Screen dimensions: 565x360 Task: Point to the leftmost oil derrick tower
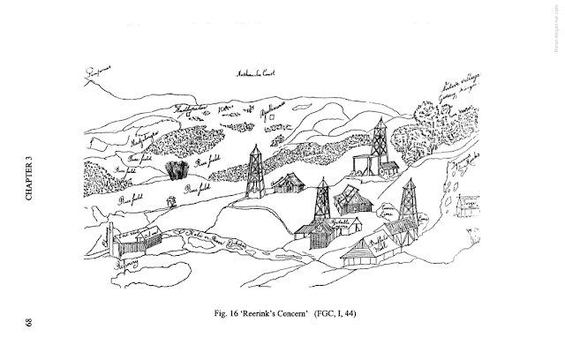point(255,171)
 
